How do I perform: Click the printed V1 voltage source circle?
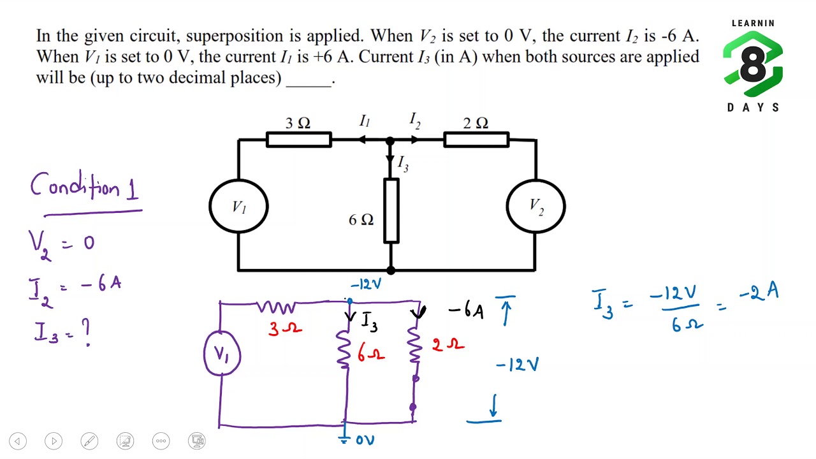click(x=210, y=206)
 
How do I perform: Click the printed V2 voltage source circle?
click(x=507, y=206)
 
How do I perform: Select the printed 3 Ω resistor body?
click(x=299, y=140)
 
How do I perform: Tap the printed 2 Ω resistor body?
click(x=476, y=140)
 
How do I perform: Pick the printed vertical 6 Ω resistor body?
click(x=391, y=210)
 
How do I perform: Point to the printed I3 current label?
click(x=403, y=163)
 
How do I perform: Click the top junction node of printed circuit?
click(x=390, y=140)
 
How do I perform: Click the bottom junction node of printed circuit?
click(x=391, y=270)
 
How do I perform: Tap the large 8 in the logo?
click(x=753, y=64)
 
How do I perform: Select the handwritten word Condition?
click(x=75, y=186)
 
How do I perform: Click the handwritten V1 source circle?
click(x=205, y=353)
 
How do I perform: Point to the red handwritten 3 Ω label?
click(x=285, y=328)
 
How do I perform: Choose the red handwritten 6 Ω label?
click(x=371, y=353)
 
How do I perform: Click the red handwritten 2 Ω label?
click(x=448, y=344)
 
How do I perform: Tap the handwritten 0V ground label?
click(x=365, y=440)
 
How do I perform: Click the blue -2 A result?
click(x=759, y=293)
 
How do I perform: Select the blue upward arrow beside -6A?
click(x=506, y=310)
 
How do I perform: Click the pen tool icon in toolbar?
click(x=89, y=441)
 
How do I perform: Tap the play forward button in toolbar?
click(x=54, y=441)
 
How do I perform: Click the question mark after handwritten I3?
click(x=86, y=332)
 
